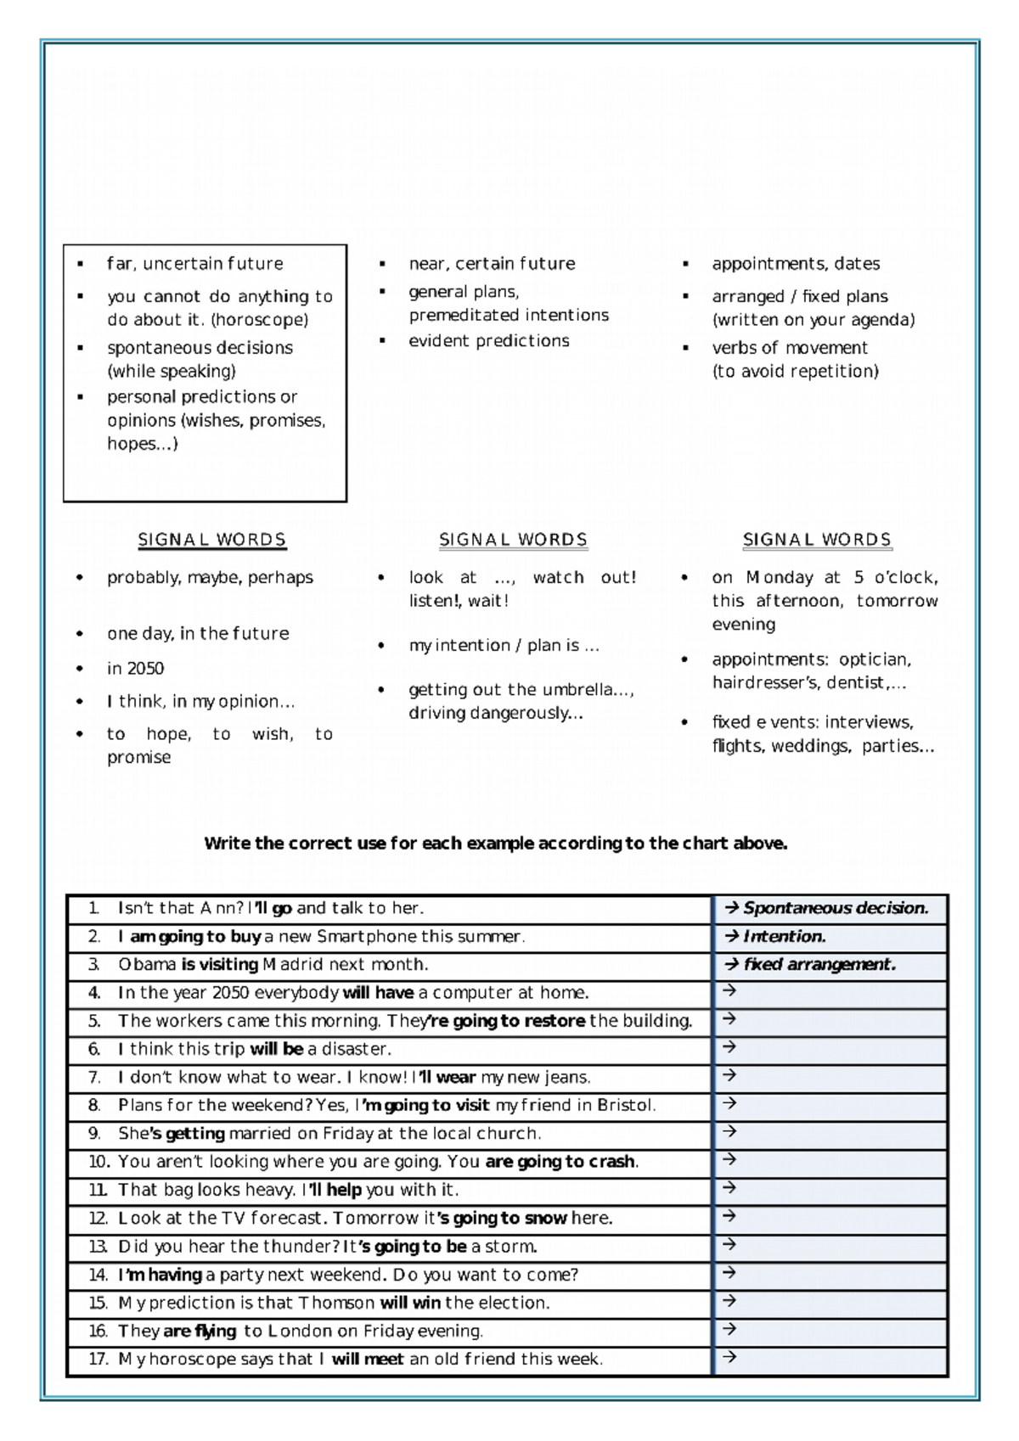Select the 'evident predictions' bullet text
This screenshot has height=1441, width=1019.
click(488, 340)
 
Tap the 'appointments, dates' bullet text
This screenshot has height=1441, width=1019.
click(795, 264)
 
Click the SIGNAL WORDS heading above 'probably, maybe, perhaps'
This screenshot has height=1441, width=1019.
click(212, 540)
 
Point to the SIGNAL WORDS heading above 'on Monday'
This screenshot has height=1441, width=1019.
click(817, 540)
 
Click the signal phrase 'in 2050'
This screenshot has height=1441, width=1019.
click(135, 668)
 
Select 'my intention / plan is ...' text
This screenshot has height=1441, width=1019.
click(504, 645)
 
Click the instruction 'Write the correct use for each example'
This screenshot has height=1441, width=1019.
click(495, 844)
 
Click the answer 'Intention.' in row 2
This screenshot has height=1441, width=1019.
click(784, 937)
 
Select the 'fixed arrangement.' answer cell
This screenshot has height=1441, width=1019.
click(819, 965)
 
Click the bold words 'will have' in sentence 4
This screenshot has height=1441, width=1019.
click(378, 993)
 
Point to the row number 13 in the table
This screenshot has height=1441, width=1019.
click(99, 1247)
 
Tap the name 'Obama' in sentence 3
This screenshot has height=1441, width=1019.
click(147, 965)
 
